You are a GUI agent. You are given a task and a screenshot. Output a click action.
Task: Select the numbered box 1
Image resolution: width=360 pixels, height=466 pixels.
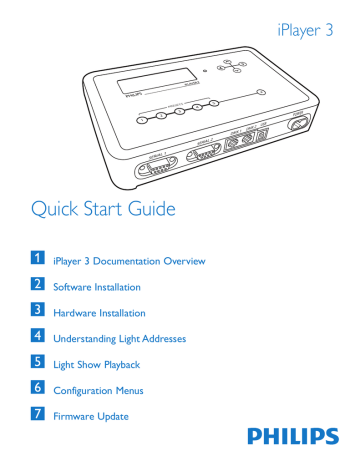[37, 259]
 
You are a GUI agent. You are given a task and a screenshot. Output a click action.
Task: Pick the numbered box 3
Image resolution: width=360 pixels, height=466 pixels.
[37, 311]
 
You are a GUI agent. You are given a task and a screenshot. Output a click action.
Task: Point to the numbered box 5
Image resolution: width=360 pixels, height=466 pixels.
[37, 363]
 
